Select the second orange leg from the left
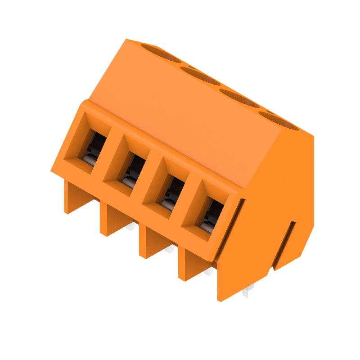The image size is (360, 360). (108, 220)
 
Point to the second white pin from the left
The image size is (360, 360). (170, 249)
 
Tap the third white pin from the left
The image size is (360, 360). (208, 272)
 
